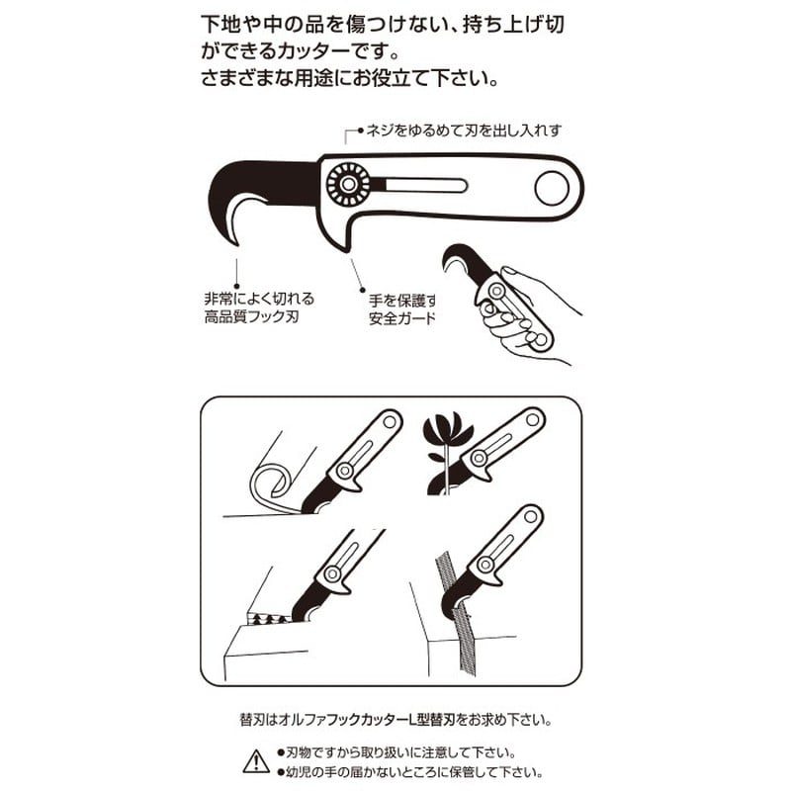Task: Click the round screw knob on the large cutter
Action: pyautogui.click(x=349, y=184)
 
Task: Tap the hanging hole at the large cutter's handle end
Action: pyautogui.click(x=550, y=187)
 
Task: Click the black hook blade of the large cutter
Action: pyautogui.click(x=262, y=188)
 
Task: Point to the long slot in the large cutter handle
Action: pyautogui.click(x=420, y=185)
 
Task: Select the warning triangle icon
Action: pyautogui.click(x=256, y=760)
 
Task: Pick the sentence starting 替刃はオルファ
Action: pyautogui.click(x=395, y=719)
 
